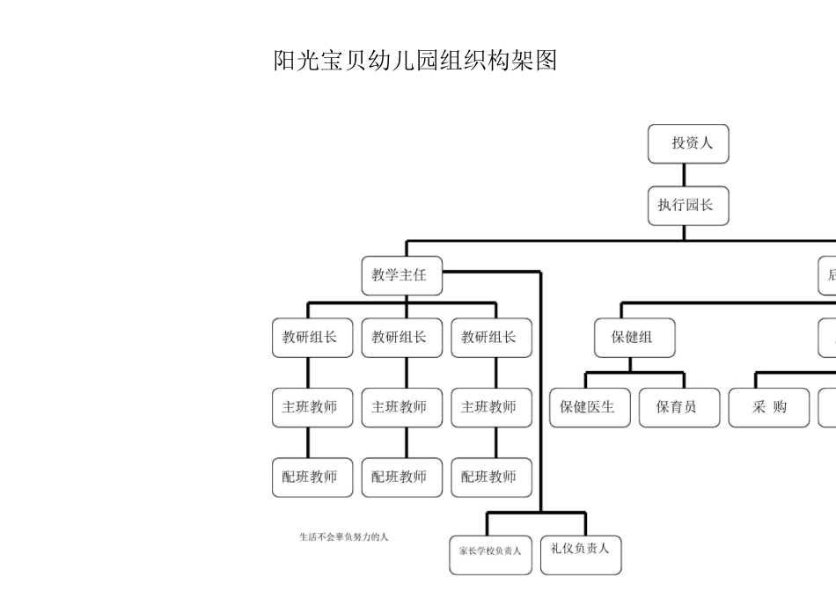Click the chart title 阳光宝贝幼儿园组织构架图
(415, 61)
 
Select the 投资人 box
(688, 143)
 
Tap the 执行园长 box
(688, 206)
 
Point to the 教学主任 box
(401, 275)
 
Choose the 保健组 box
(634, 338)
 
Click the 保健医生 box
(590, 407)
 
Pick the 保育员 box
(678, 407)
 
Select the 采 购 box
(768, 407)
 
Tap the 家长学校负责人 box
(490, 551)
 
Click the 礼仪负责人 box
(581, 550)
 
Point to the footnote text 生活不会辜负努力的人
(343, 536)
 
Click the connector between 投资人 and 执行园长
(685, 175)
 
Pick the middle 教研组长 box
(401, 338)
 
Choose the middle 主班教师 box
(401, 407)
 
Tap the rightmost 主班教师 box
(491, 407)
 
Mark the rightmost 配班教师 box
(491, 477)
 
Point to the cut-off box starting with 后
(828, 275)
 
